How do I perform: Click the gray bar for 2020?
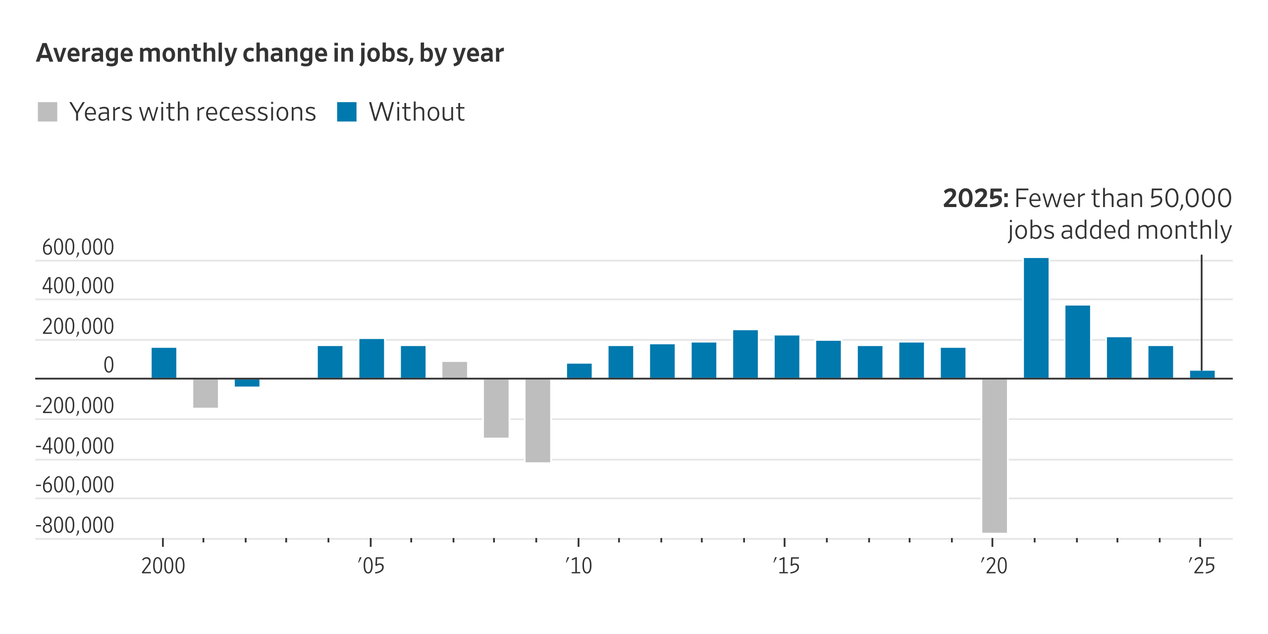(994, 455)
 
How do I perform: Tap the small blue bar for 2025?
(1202, 374)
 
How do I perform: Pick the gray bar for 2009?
(537, 420)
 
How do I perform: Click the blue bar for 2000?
(164, 363)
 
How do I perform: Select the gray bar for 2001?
(206, 393)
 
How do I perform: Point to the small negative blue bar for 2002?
(247, 382)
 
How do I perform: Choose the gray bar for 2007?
(455, 370)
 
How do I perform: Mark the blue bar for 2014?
(745, 354)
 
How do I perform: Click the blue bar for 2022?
(1077, 342)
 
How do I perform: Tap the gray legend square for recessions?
(48, 112)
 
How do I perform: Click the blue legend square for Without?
(347, 112)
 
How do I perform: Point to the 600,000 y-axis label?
(78, 247)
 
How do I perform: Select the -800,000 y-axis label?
(75, 525)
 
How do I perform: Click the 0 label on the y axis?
(108, 366)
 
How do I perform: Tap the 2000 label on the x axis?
(163, 566)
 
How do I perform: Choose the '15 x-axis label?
(786, 566)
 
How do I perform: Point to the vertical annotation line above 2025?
(1201, 312)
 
